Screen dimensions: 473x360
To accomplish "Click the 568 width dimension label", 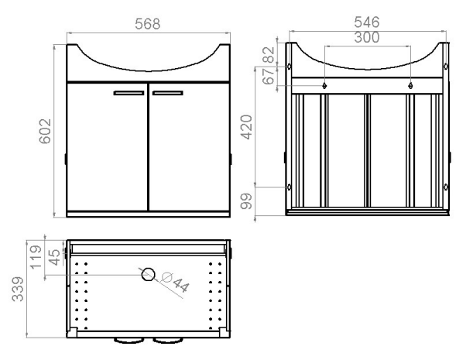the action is [x=147, y=24].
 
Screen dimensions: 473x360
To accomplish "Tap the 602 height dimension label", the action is [x=45, y=132].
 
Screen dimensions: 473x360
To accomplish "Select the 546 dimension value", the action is [x=366, y=22].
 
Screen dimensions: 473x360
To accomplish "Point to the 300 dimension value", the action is [x=366, y=37].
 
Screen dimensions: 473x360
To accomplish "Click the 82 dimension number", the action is [x=269, y=55].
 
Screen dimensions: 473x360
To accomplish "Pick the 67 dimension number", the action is [x=269, y=76].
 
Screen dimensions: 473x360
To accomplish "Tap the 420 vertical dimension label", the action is [x=246, y=127].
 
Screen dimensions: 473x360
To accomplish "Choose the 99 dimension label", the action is [x=246, y=201].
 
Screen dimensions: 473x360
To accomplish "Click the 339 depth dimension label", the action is [x=18, y=289].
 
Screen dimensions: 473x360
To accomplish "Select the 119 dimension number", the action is [x=36, y=257].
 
